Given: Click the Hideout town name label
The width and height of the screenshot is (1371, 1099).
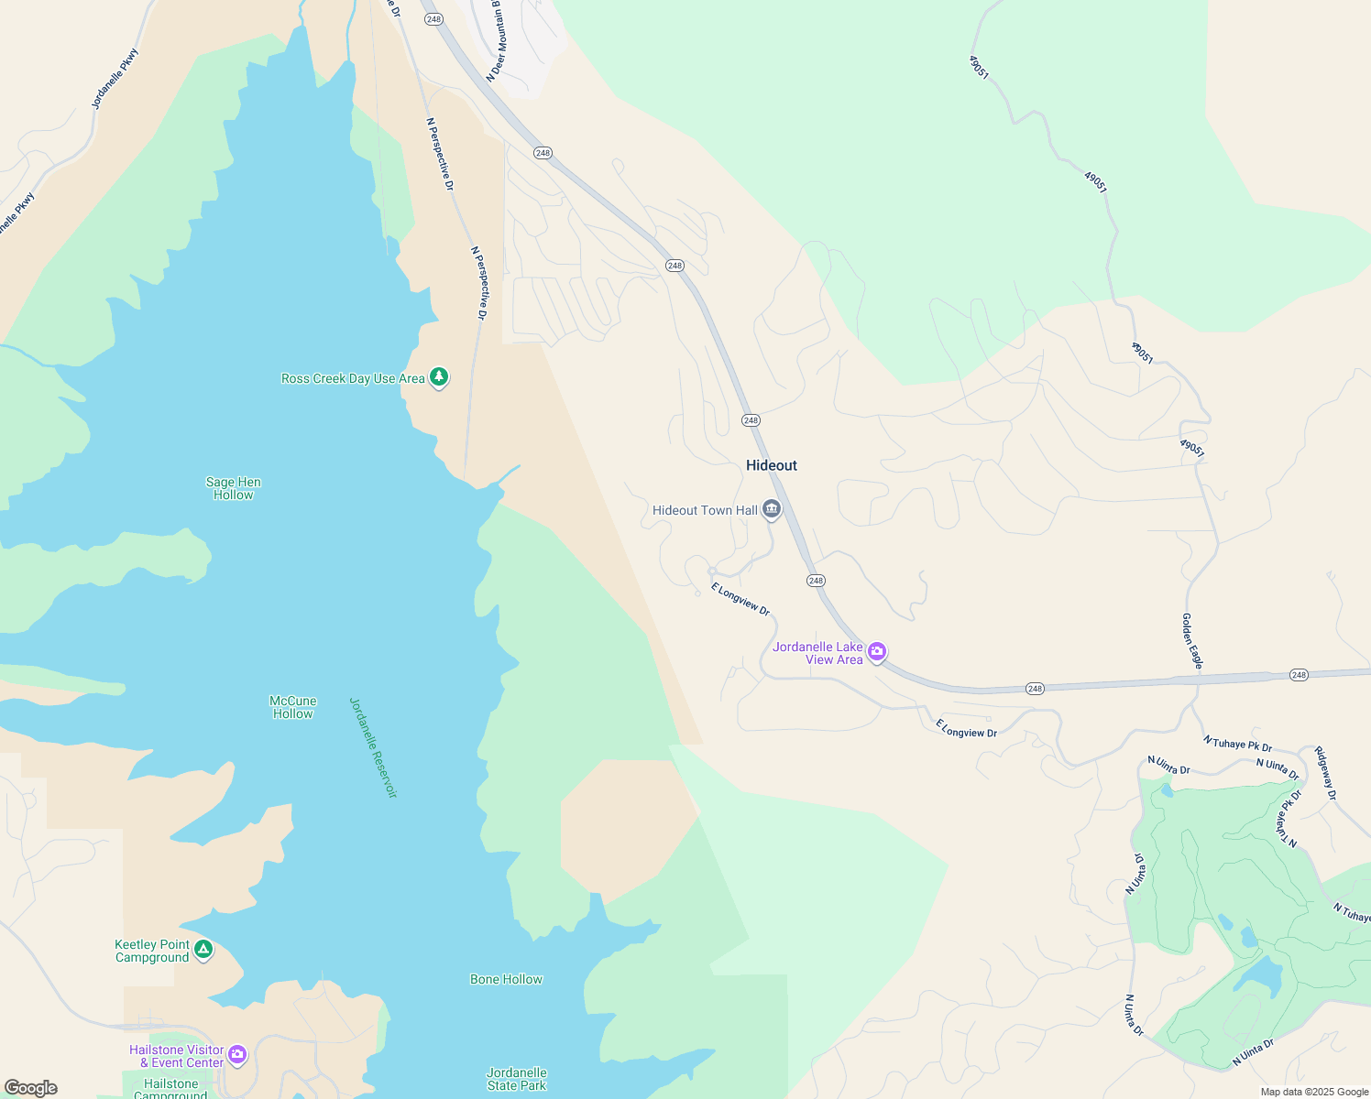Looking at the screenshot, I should pos(771,465).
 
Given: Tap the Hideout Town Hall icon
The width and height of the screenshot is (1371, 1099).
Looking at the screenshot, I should pos(772,510).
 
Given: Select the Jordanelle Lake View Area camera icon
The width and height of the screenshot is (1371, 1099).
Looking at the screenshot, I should pos(877,652).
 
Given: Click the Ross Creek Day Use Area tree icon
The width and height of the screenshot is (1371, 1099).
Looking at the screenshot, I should pos(439,377).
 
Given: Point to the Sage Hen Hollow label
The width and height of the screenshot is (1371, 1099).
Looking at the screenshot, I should pos(233,488).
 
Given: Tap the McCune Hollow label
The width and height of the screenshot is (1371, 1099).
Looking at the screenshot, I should pos(293,707).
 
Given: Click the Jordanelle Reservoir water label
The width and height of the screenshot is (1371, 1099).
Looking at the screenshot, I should pos(373,747).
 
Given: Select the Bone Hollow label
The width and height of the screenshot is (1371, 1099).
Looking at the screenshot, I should pos(506,979).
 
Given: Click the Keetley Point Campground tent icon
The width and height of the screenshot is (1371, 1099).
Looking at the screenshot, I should pos(203,950).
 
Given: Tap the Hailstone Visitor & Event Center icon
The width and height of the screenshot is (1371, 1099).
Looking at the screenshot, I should pos(237,1055).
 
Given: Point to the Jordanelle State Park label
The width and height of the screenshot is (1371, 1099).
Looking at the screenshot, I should pos(516,1079).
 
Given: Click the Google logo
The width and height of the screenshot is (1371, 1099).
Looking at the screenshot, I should pos(31,1088).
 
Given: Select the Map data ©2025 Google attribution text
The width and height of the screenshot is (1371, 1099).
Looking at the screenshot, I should pos(1314,1092).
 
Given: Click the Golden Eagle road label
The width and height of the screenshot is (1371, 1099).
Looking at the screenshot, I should pos(1191,641).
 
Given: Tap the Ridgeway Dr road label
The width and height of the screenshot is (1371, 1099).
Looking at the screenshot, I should pos(1325,773).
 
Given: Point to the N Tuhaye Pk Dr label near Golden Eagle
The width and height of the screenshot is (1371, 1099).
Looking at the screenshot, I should pos(1237,744).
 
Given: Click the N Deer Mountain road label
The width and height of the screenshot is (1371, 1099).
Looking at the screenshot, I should pos(496,41).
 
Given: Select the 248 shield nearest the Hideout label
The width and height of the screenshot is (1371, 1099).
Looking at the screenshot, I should pos(751,420).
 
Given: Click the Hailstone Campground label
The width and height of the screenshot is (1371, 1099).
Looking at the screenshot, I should pos(170,1089).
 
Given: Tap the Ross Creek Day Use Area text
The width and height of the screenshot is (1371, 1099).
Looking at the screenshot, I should pos(353,378).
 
